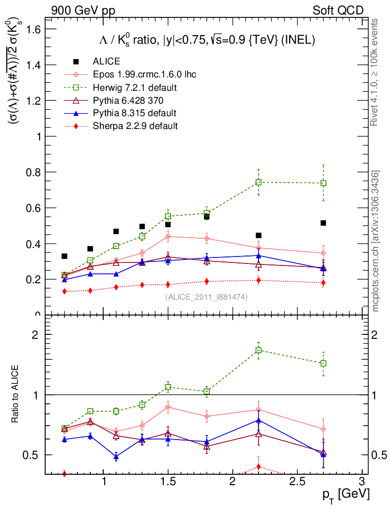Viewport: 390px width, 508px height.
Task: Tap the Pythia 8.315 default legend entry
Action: click(128, 113)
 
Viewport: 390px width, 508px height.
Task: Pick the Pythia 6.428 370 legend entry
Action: click(122, 100)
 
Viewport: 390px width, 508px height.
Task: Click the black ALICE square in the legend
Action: click(76, 62)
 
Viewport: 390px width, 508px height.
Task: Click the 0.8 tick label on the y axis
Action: click(34, 172)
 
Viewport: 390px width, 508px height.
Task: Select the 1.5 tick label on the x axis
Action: click(168, 482)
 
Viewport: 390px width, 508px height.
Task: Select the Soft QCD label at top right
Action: click(338, 10)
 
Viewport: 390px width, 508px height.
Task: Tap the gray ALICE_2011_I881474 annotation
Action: click(206, 297)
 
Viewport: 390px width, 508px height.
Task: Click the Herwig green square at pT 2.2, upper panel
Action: click(259, 182)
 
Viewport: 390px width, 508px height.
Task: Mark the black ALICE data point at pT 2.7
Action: click(323, 223)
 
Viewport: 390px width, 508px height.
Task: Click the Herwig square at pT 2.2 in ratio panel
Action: click(259, 350)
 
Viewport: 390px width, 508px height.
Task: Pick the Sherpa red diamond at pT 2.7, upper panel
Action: click(323, 283)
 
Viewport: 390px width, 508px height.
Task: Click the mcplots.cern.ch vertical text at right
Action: click(376, 241)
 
